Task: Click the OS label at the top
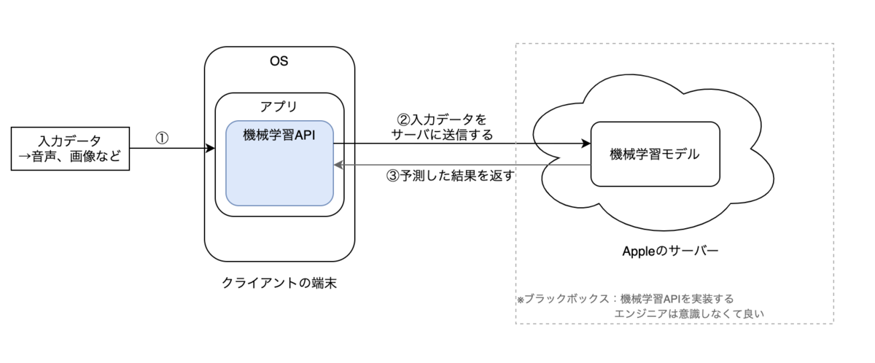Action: [x=279, y=61]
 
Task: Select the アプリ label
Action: [x=279, y=106]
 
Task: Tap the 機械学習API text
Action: [x=279, y=135]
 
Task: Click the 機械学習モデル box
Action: [x=655, y=155]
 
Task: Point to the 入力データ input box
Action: [x=70, y=149]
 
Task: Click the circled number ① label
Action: [x=162, y=138]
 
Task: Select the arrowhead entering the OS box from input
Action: [x=210, y=148]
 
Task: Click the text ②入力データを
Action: [x=442, y=120]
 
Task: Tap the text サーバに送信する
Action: [x=442, y=135]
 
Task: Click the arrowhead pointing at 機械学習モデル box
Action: [x=586, y=144]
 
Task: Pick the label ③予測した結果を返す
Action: [x=451, y=176]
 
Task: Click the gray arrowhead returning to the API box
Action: [x=338, y=165]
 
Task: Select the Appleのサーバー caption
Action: [x=670, y=251]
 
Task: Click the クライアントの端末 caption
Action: [x=279, y=283]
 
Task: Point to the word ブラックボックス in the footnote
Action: [x=567, y=299]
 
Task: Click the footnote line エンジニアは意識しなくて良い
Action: [x=689, y=314]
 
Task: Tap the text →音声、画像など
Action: [x=70, y=157]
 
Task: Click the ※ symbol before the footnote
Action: [x=521, y=300]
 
